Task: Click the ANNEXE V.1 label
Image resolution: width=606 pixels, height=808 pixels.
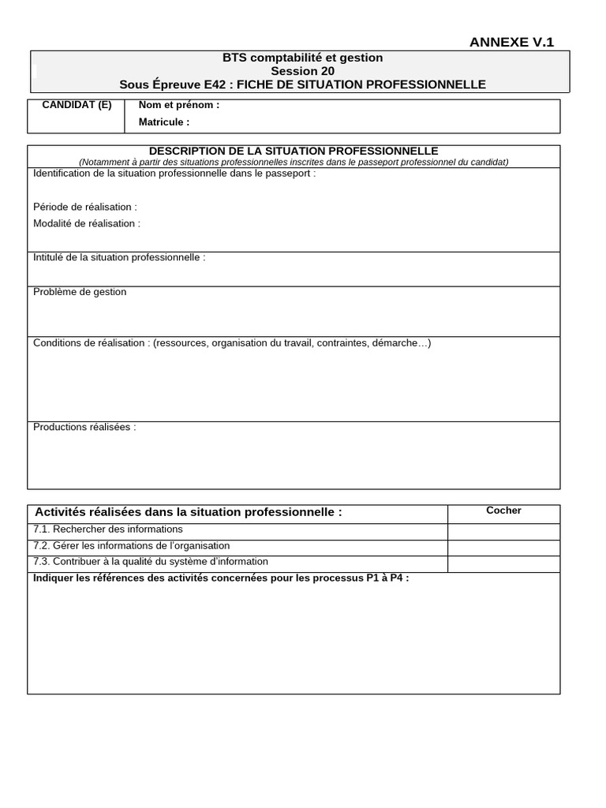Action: [x=511, y=43]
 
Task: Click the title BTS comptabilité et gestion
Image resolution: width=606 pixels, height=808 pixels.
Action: [x=302, y=58]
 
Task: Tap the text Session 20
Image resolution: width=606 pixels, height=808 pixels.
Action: [x=302, y=71]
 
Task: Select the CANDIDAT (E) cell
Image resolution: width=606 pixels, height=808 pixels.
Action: [x=77, y=105]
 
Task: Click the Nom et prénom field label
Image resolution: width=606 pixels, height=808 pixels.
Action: [x=179, y=105]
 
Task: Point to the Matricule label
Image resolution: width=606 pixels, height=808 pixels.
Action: [x=164, y=122]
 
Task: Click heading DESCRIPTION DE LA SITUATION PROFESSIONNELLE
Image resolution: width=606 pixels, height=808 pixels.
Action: [x=294, y=151]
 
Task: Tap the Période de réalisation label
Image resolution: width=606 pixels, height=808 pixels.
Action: [x=85, y=207]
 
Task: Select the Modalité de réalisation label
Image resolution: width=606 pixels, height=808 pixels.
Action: [x=87, y=223]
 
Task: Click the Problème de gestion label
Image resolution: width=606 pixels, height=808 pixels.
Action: [x=80, y=292]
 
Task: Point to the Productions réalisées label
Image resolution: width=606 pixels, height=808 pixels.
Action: [x=84, y=427]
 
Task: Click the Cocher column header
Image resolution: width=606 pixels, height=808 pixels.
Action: [x=503, y=511]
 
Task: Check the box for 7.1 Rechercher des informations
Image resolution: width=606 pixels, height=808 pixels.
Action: [x=503, y=530]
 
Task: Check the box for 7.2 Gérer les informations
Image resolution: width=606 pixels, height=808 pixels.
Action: [x=503, y=547]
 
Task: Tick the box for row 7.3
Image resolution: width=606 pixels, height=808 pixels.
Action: [x=503, y=563]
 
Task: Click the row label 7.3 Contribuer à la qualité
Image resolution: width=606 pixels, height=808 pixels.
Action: [x=151, y=562]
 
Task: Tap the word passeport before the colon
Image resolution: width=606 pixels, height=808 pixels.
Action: [x=287, y=173]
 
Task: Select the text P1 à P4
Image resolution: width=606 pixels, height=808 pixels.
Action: [x=384, y=578]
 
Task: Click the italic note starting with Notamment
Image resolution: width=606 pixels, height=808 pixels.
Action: [x=294, y=162]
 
